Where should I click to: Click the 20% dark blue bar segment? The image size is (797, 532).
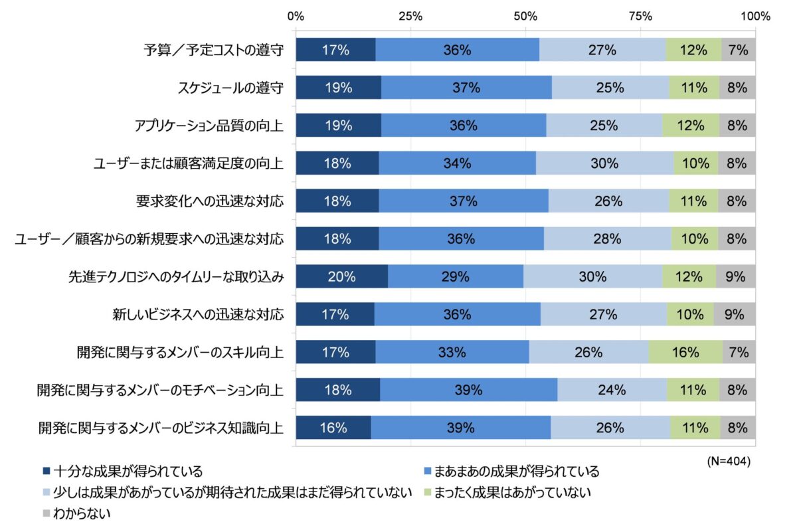click(342, 276)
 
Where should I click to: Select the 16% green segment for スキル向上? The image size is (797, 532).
click(685, 353)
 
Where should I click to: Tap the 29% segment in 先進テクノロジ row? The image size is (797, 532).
click(456, 276)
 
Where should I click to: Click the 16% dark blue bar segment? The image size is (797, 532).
click(333, 428)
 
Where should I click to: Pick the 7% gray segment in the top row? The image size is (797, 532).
click(738, 49)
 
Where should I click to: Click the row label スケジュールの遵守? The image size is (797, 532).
click(231, 87)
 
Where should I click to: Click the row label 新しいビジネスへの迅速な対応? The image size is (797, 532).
click(198, 314)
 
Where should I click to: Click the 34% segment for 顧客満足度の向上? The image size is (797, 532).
click(457, 163)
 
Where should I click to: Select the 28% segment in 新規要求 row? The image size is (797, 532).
click(607, 238)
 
